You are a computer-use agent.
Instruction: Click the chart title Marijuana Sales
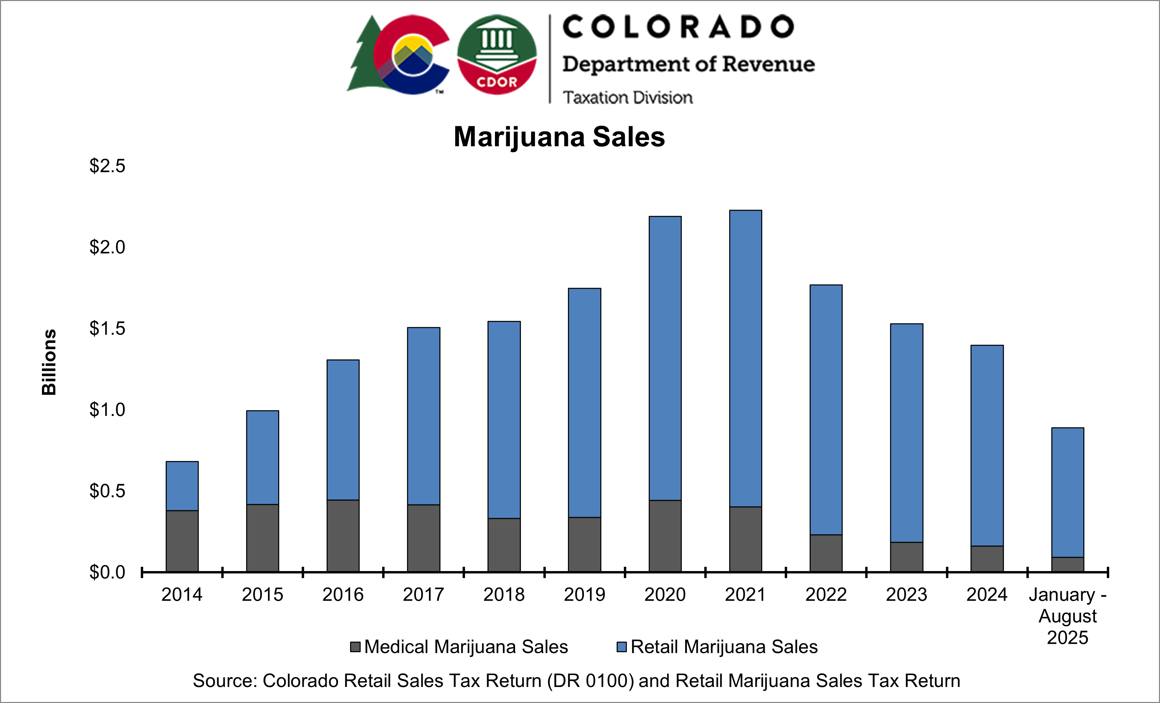(559, 137)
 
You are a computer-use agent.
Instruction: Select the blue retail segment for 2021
(745, 358)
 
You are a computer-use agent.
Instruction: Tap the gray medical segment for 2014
(182, 541)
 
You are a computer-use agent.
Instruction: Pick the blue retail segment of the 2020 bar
(665, 358)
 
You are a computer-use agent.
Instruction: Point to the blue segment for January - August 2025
(1067, 492)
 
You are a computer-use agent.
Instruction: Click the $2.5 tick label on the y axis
(107, 166)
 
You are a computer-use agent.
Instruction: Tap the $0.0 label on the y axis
(107, 572)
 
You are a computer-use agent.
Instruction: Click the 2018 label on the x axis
(504, 595)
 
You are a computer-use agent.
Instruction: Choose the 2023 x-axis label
(906, 595)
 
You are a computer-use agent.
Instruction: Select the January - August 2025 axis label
(1067, 616)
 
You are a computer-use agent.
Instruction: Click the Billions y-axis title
(49, 362)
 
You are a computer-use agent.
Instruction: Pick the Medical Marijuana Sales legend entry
(466, 646)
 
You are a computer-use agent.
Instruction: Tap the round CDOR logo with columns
(497, 54)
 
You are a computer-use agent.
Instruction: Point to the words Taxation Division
(628, 98)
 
